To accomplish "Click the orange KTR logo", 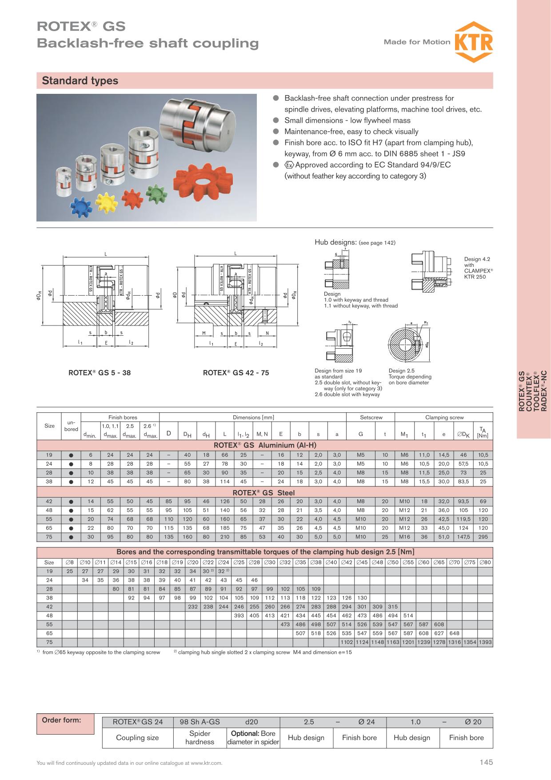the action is (x=474, y=42).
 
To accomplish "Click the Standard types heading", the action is (x=80, y=81).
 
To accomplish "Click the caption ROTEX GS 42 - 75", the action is (x=236, y=373).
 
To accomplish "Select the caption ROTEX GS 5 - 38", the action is (x=100, y=373).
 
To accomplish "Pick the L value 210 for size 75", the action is (x=225, y=537).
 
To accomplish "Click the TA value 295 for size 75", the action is (x=483, y=537).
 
